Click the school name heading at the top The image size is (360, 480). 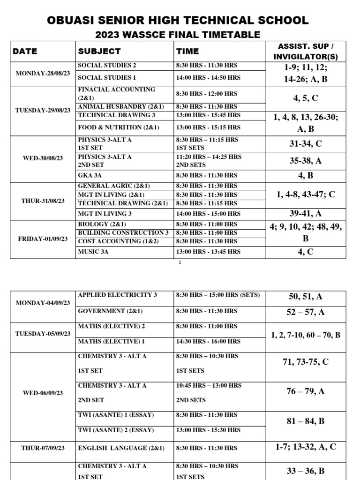(x=178, y=20)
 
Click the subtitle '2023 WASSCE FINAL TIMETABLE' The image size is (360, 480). (x=178, y=34)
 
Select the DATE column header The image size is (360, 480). (x=25, y=51)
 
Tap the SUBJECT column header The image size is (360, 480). (x=99, y=51)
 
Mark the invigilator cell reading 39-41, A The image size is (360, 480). (x=305, y=213)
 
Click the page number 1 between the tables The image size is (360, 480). (x=180, y=262)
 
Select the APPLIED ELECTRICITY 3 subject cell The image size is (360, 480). (x=117, y=295)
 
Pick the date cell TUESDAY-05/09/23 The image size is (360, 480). (x=43, y=334)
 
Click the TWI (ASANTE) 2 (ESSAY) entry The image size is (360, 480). (x=116, y=430)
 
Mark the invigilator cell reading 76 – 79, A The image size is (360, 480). (x=305, y=391)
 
